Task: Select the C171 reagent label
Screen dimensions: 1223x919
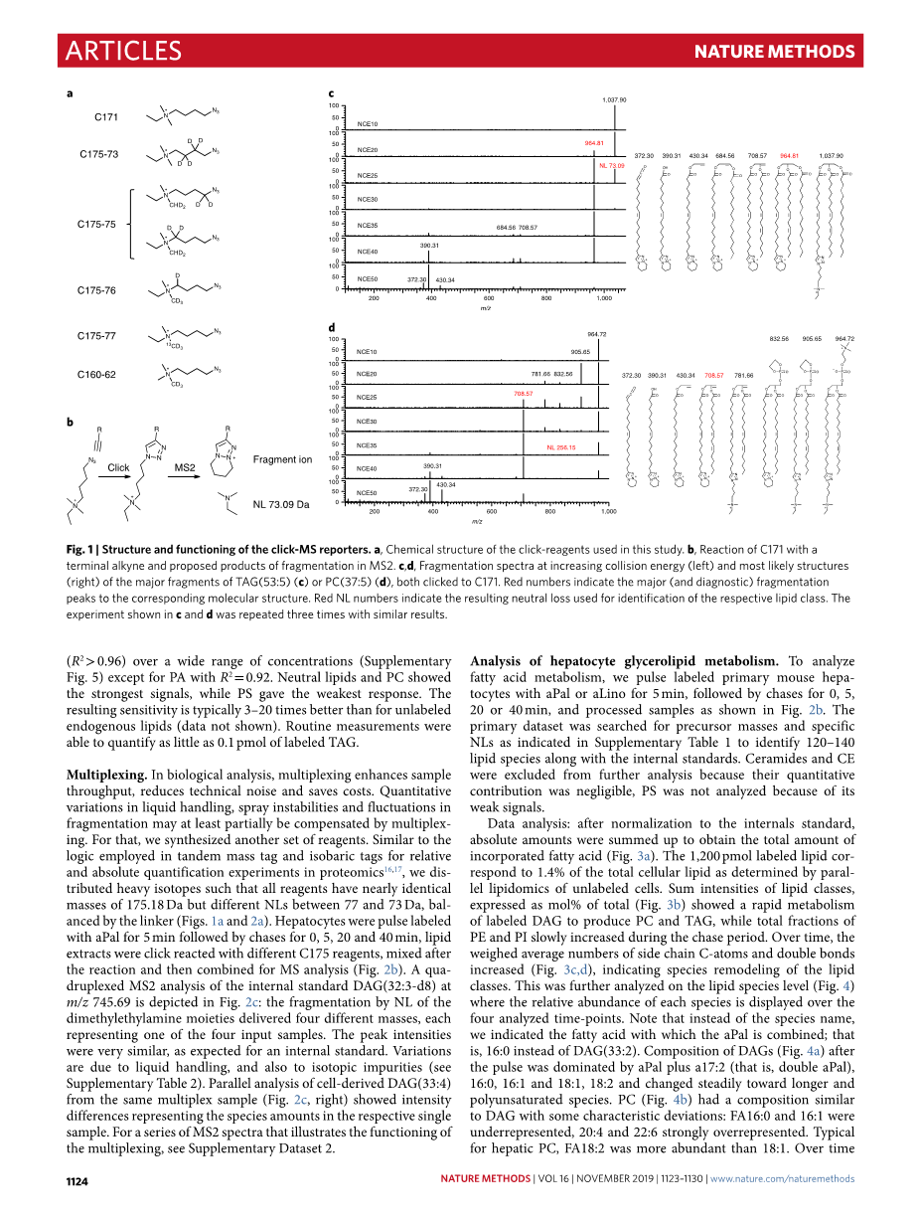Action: (x=106, y=117)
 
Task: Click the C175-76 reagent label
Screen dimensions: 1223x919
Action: (x=98, y=290)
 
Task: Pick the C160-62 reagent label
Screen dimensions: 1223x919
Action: (x=98, y=375)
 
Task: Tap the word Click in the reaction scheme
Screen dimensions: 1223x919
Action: (x=118, y=467)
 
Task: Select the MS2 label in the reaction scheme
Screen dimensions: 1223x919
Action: (x=185, y=467)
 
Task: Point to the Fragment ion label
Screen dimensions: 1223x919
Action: (x=282, y=459)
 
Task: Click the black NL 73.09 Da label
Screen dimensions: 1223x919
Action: (x=281, y=504)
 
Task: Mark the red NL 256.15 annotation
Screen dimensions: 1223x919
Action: (x=561, y=447)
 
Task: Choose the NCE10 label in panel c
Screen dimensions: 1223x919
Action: (x=367, y=124)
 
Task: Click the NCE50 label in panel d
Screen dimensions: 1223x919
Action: (x=367, y=493)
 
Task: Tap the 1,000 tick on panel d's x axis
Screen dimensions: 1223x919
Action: (x=608, y=512)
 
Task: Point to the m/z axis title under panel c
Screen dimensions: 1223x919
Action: (x=485, y=308)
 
